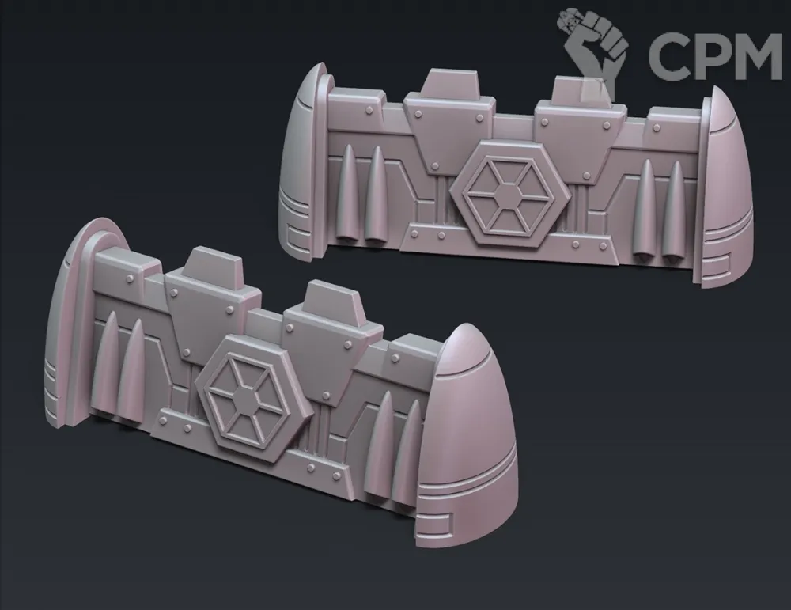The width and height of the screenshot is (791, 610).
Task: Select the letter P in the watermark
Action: click(705, 55)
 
